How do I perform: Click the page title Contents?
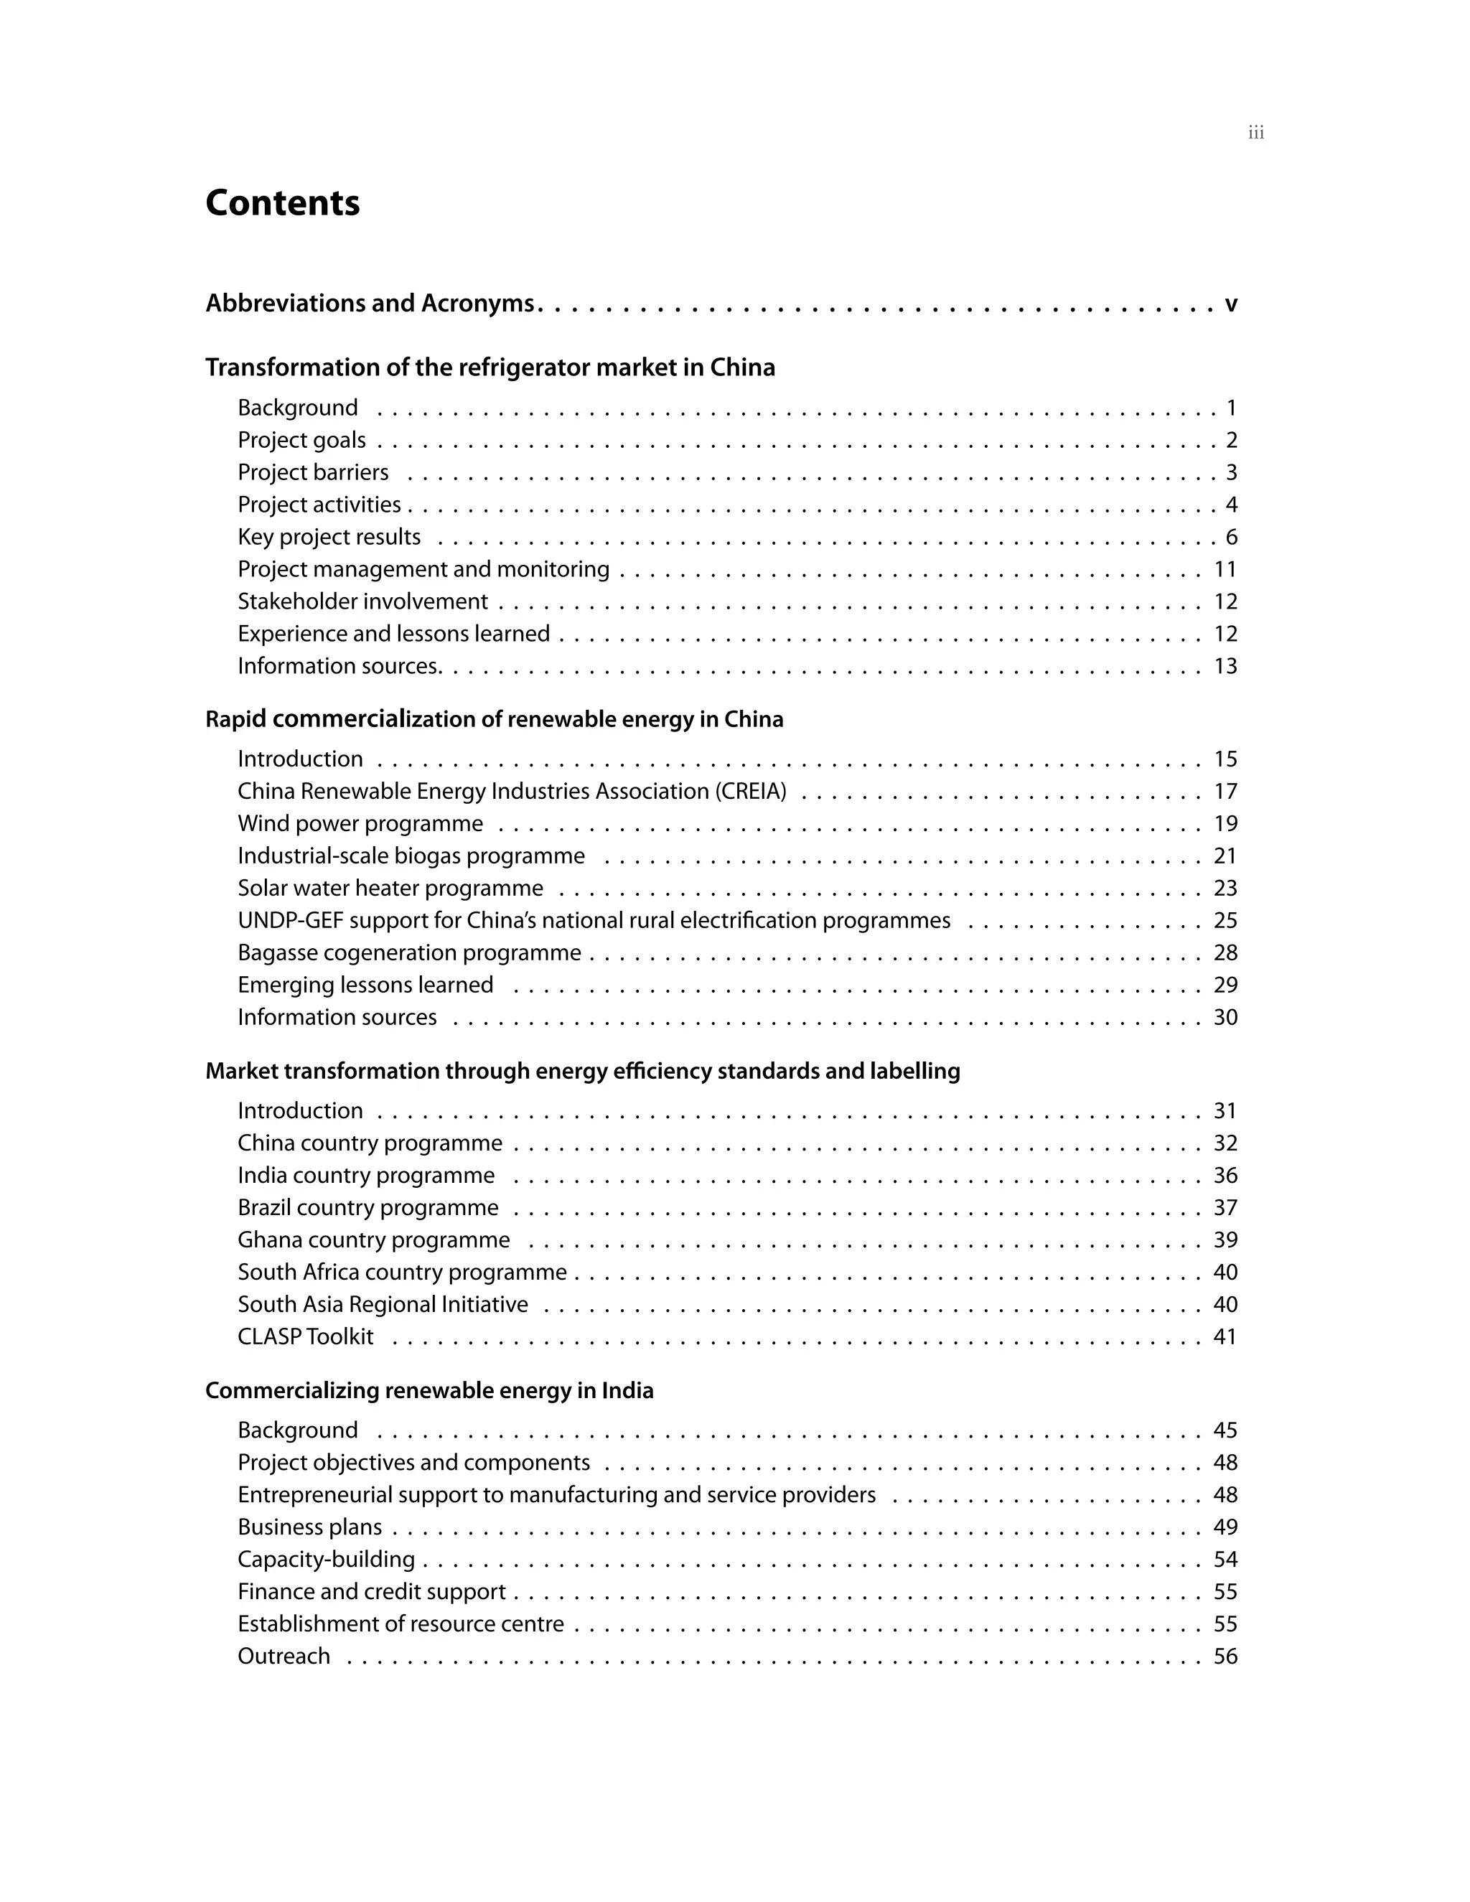[x=282, y=203]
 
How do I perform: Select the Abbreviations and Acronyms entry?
[x=369, y=303]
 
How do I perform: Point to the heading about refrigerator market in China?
[x=490, y=367]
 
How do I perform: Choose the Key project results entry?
[x=329, y=538]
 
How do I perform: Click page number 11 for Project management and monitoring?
[x=1225, y=570]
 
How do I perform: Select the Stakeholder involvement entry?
[x=362, y=601]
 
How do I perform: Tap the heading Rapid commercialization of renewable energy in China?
[x=494, y=719]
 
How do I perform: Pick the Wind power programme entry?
[x=360, y=824]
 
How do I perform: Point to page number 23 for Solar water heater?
[x=1225, y=889]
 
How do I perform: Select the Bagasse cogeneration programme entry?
[x=409, y=952]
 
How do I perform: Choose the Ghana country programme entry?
[x=373, y=1240]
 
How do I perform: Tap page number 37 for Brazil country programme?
[x=1225, y=1208]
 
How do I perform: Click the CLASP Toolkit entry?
[x=305, y=1337]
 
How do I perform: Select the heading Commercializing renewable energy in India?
[x=429, y=1391]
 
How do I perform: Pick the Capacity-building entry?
[x=326, y=1560]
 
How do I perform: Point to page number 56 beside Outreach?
[x=1225, y=1657]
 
